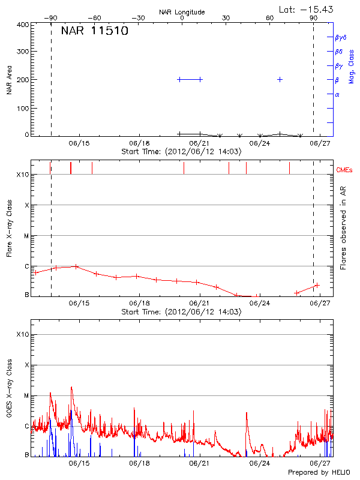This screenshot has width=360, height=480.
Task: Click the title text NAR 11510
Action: pos(95,31)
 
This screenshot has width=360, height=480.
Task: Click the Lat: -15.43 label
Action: pos(307,9)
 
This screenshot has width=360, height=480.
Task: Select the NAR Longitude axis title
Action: pos(182,12)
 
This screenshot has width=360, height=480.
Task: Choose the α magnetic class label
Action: pos(337,94)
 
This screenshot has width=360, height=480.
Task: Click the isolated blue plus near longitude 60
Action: pos(280,79)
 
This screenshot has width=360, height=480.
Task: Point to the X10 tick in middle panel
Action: pos(23,175)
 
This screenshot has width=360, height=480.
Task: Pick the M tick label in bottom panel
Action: pos(26,395)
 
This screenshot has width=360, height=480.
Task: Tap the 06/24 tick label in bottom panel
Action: pos(260,463)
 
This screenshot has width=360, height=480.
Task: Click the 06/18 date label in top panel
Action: pos(139,143)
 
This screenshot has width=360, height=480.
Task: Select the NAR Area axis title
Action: pos(9,80)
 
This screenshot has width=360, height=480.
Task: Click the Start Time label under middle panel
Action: pos(182,312)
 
